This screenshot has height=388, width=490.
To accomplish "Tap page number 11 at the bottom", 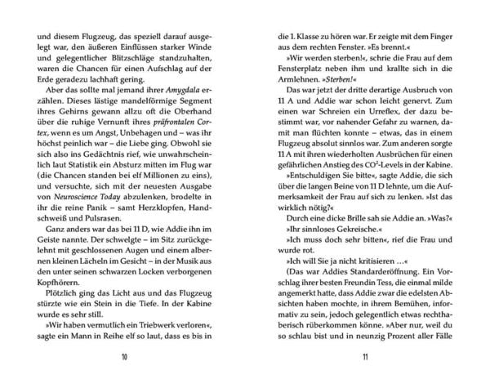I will [x=364, y=357].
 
